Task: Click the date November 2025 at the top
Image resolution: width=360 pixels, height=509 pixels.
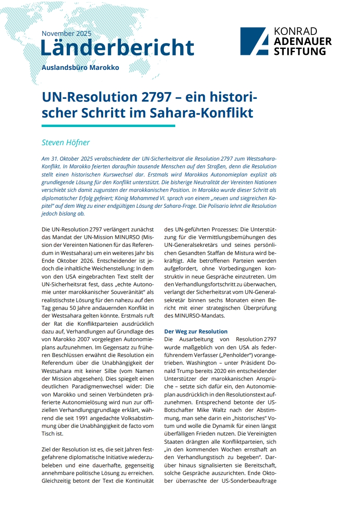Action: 66,34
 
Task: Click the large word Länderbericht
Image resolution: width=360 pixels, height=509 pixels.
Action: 117,48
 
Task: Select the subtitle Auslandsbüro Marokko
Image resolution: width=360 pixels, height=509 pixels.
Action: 80,68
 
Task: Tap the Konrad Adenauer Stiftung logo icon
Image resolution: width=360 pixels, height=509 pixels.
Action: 253,41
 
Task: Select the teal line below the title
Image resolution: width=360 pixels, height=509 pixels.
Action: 108,126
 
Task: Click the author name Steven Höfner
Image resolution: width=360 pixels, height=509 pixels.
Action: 66,143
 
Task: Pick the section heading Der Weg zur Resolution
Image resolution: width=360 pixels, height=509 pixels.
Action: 196,331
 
